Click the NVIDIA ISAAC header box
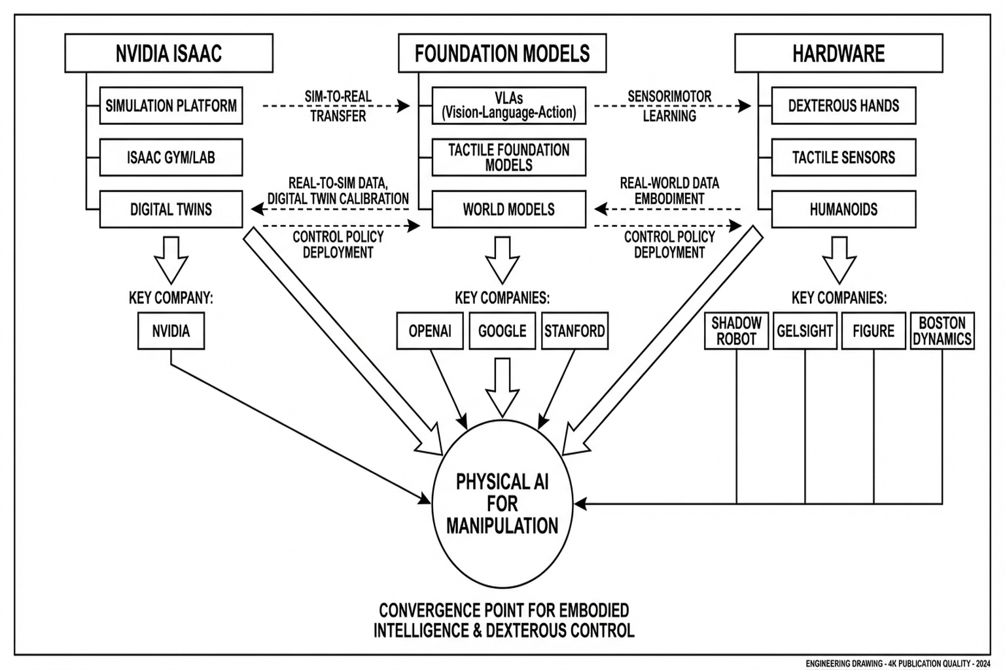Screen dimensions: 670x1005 point(169,53)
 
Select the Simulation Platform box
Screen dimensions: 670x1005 point(171,105)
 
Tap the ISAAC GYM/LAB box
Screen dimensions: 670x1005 point(171,157)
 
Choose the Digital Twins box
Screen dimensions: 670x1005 point(171,209)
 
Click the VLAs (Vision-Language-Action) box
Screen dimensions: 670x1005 point(508,105)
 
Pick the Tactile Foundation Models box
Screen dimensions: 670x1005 point(508,157)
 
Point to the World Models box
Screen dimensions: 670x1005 point(508,209)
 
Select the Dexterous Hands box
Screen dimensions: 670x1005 point(843,105)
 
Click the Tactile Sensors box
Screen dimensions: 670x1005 point(843,157)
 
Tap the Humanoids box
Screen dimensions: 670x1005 point(843,209)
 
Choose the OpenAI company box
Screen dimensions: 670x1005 point(430,331)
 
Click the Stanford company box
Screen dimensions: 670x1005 point(574,331)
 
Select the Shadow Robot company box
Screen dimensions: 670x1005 point(736,331)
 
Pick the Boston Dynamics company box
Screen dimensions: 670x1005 point(942,331)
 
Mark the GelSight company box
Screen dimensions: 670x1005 point(805,331)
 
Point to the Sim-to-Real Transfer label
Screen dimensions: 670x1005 point(338,106)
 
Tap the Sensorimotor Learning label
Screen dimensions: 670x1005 point(669,106)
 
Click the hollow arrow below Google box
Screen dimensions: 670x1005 point(502,386)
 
